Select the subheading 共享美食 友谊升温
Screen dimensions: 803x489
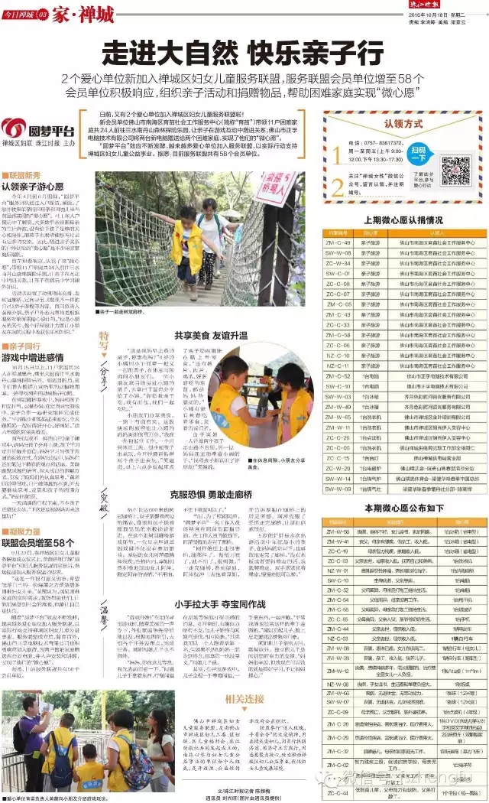pos(210,334)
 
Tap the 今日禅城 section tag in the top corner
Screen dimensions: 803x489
pos(23,15)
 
